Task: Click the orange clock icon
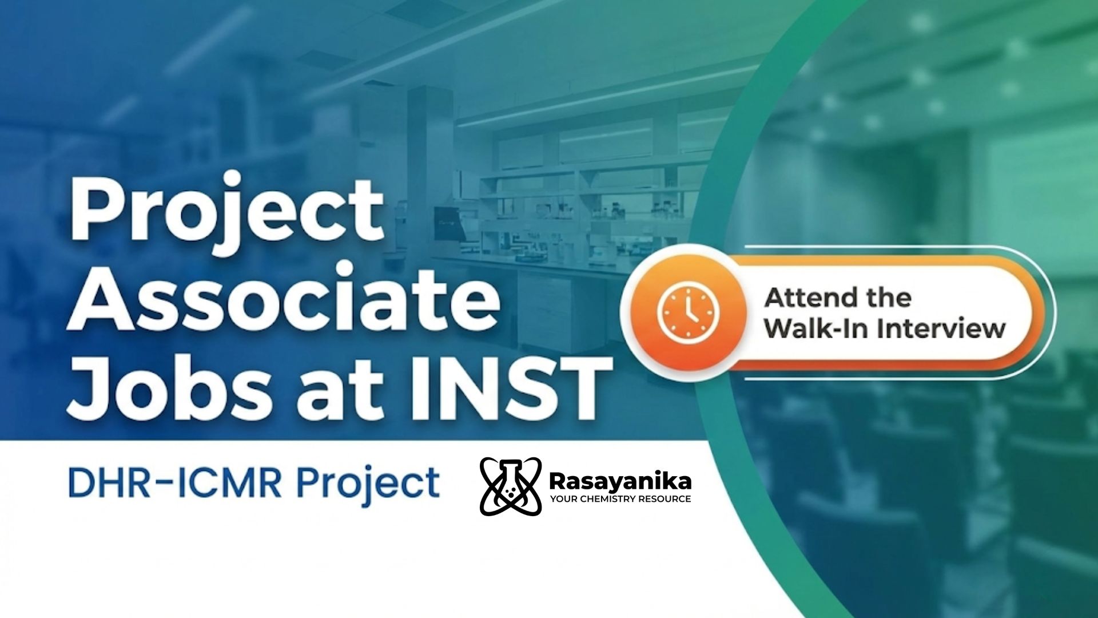688,314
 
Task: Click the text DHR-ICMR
174,483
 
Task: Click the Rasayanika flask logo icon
510,486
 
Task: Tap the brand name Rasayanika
620,481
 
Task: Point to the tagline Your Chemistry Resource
620,499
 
